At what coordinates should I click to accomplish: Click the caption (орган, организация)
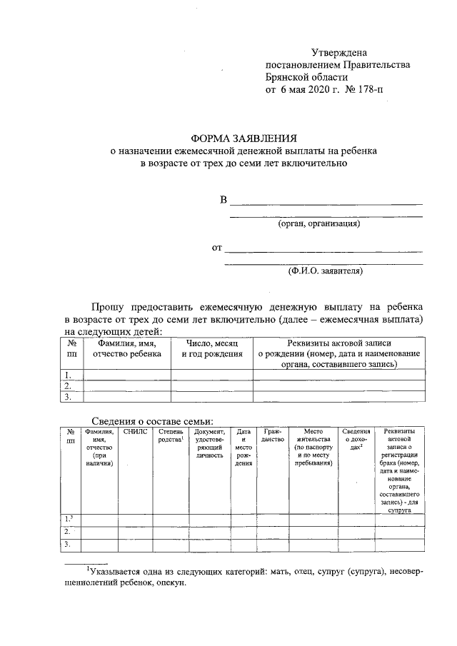click(319, 223)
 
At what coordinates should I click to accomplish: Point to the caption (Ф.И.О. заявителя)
click(326, 271)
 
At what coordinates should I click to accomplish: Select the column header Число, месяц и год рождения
click(211, 348)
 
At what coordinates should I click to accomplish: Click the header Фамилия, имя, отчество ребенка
click(127, 348)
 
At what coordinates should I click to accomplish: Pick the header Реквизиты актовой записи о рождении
click(338, 353)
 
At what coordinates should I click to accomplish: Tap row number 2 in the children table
click(68, 385)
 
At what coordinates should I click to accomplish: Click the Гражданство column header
click(273, 436)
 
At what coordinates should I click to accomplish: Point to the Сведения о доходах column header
click(356, 436)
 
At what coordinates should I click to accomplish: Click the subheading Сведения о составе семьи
click(152, 420)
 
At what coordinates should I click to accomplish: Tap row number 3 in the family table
click(68, 545)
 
